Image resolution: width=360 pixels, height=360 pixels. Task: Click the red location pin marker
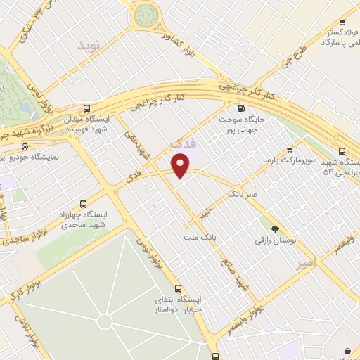(181, 165)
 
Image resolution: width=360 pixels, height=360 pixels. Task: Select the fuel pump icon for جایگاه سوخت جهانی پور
(242, 108)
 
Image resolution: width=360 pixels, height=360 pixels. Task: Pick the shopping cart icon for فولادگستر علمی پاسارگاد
(342, 22)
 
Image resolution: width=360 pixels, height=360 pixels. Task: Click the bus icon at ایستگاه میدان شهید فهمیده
(87, 108)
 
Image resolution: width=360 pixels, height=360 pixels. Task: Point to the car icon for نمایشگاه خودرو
(25, 146)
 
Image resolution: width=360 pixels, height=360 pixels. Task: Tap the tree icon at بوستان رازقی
(275, 229)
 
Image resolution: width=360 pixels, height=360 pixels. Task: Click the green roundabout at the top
(146, 13)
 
